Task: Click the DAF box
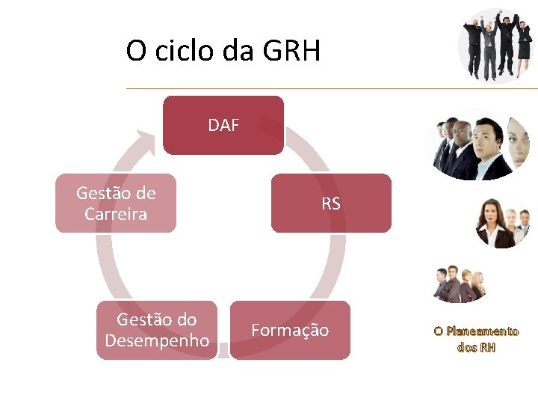click(223, 125)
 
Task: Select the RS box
click(331, 203)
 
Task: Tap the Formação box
click(290, 330)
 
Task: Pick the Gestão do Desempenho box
click(157, 330)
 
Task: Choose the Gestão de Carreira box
click(116, 203)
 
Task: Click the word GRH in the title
click(292, 52)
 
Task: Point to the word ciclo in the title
click(184, 52)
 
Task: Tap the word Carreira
click(116, 215)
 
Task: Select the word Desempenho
click(157, 341)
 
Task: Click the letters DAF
click(223, 125)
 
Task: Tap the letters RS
click(331, 203)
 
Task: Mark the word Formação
click(290, 330)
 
